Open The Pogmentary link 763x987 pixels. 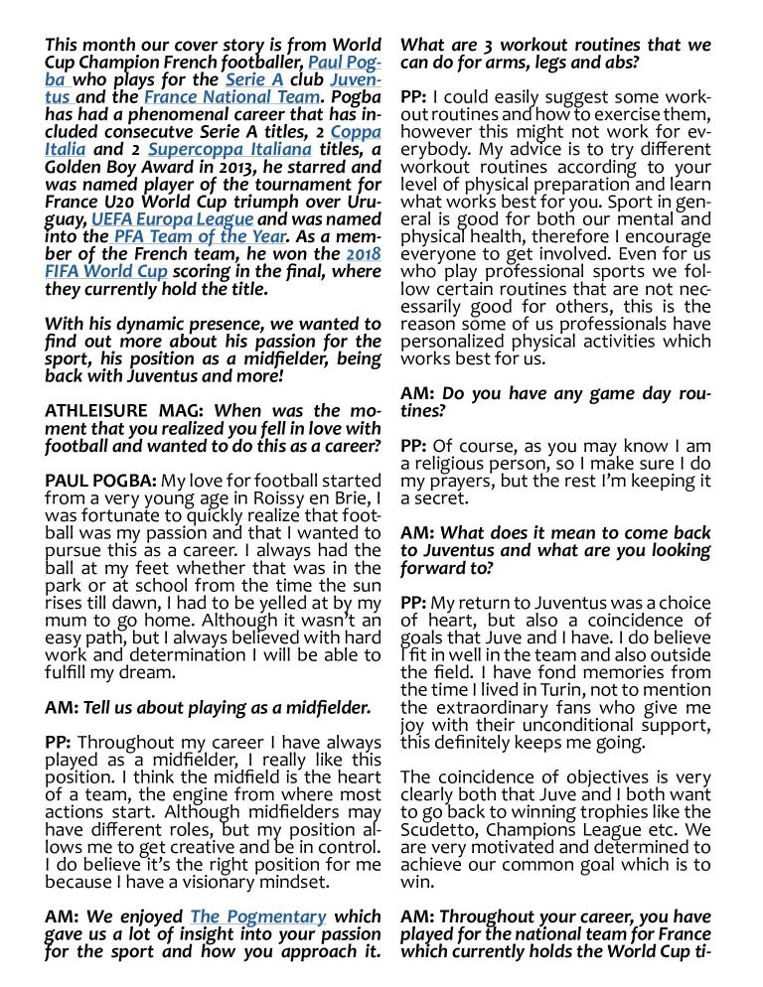[257, 916]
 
